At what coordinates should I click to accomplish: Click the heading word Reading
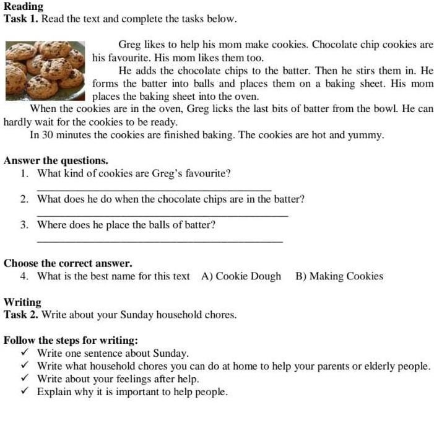pyautogui.click(x=24, y=7)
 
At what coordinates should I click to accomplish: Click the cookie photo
pyautogui.click(x=45, y=69)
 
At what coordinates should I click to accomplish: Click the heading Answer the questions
pyautogui.click(x=56, y=160)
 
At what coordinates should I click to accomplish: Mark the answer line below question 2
pyautogui.click(x=162, y=215)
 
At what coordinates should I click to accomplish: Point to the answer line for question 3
pyautogui.click(x=159, y=241)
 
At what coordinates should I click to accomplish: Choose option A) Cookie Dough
pyautogui.click(x=241, y=276)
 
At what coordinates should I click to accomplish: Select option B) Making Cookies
pyautogui.click(x=339, y=276)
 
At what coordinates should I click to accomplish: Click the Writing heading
pyautogui.click(x=22, y=302)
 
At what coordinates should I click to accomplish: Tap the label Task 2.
pyautogui.click(x=20, y=315)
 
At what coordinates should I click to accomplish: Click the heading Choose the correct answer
pyautogui.click(x=67, y=263)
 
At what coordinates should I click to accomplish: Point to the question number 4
pyautogui.click(x=23, y=276)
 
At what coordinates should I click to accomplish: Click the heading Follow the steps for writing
pyautogui.click(x=71, y=341)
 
